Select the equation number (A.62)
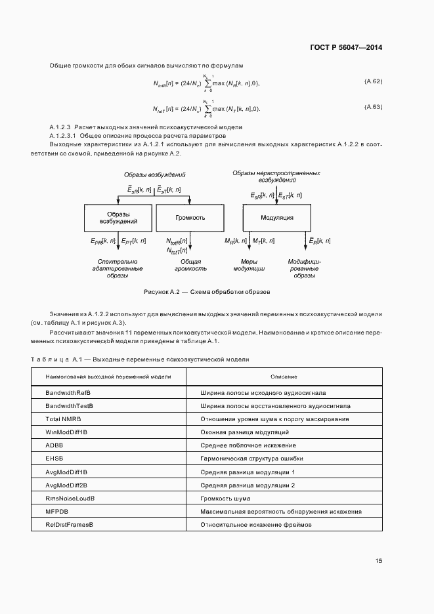point(373,81)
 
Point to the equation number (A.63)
point(373,106)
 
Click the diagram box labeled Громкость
point(190,217)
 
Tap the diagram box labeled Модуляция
point(277,217)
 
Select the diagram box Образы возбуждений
point(118,217)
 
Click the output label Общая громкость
point(190,265)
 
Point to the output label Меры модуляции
point(249,265)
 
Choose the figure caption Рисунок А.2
point(207,291)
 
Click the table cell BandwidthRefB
point(72,392)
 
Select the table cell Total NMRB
point(63,419)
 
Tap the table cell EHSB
point(54,459)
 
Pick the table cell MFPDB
point(57,511)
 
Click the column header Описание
point(284,377)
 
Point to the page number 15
point(379,561)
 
